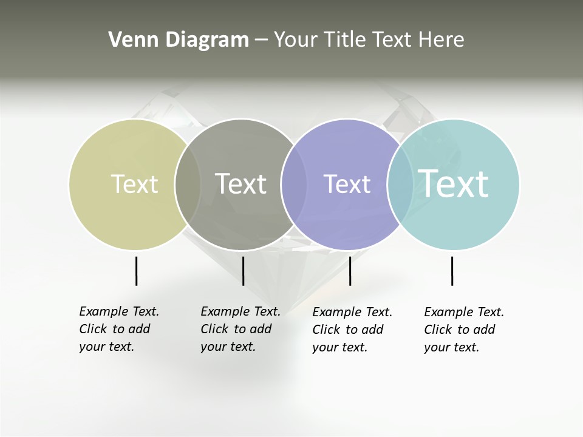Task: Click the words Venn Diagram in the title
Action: coord(179,40)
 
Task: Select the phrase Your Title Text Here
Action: coord(369,40)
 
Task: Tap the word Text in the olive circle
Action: coord(134,184)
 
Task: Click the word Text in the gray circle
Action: coord(240,184)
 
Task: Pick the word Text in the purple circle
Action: coord(347,184)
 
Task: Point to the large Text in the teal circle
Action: coord(453,183)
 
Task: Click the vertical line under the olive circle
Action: coord(136,271)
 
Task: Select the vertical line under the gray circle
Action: coord(243,271)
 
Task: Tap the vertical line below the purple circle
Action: coord(350,271)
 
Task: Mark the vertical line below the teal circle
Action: coord(452,271)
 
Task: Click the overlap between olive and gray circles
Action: coord(188,184)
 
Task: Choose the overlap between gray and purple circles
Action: coord(294,184)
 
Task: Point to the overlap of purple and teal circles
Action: coord(400,184)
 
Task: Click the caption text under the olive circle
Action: coord(118,329)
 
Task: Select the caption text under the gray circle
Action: coord(240,329)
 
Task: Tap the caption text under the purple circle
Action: coord(352,330)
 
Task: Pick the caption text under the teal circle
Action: coord(463,330)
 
